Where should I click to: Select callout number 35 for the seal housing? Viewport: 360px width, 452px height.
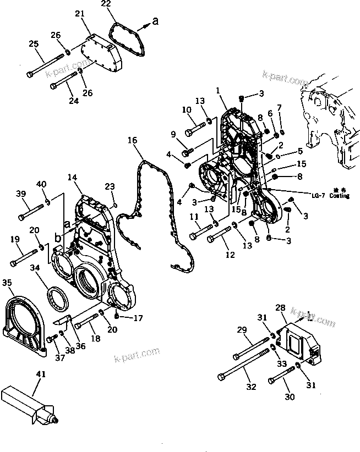(7, 283)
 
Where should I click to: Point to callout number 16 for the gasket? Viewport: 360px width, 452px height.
(132, 140)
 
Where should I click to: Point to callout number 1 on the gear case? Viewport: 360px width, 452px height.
(218, 90)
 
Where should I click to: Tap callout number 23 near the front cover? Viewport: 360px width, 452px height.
(110, 186)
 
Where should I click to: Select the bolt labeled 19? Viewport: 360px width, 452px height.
(25, 255)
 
